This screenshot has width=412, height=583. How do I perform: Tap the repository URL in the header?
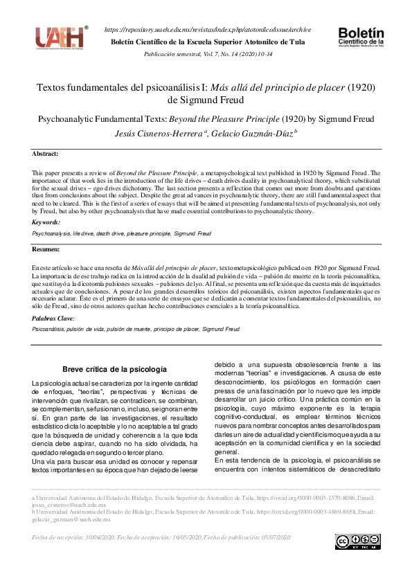[x=207, y=30]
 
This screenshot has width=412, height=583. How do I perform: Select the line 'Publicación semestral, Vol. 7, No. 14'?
[x=207, y=53]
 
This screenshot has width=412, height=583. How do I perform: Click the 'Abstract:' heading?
[x=46, y=153]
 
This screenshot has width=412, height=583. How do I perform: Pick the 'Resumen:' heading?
[x=46, y=249]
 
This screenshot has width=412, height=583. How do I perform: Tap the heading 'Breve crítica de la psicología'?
[x=115, y=370]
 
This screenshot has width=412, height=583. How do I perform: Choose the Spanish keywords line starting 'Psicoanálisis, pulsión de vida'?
[x=136, y=330]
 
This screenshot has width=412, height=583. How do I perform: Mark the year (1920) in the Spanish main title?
[x=360, y=89]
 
